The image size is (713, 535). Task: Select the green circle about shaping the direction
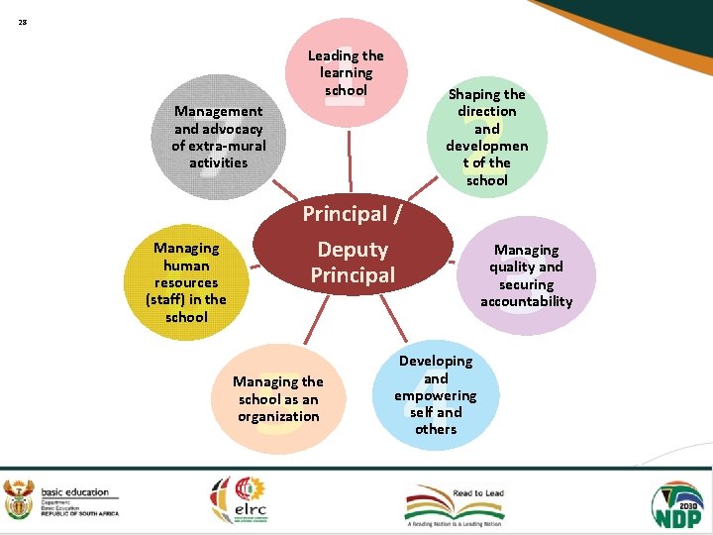pos(486,137)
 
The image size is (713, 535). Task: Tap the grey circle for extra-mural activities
pos(219,137)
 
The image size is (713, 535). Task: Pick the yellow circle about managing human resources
pos(186,282)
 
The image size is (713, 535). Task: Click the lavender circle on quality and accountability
pos(526,275)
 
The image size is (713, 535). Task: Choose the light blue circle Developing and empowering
pos(436,394)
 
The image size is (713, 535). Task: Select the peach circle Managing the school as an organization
pos(277,398)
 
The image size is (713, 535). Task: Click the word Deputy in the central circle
pos(353,250)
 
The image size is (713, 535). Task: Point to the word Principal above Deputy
pos(339,214)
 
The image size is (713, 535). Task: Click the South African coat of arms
pos(19,498)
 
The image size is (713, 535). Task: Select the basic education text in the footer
pos(74,492)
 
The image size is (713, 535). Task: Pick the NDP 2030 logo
pos(676,502)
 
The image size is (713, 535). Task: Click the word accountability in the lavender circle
pos(526,301)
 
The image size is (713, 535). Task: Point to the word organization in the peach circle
pos(277,416)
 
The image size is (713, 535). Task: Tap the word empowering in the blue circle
pos(436,395)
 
